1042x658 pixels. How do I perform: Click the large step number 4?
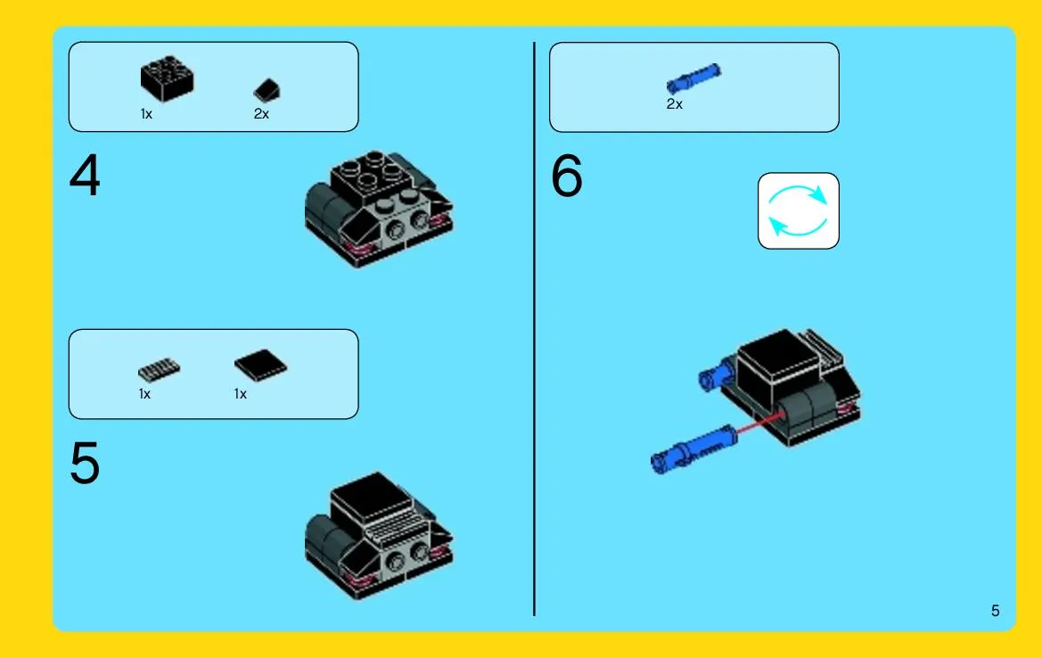(x=85, y=176)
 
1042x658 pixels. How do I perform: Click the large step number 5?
(x=85, y=464)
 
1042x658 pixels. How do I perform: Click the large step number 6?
(x=567, y=176)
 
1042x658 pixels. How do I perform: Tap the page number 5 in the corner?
(x=995, y=611)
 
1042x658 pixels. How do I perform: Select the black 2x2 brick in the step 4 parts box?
(x=167, y=78)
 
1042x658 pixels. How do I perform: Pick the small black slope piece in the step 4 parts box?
(x=267, y=91)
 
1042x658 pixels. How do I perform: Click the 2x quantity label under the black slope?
(x=261, y=114)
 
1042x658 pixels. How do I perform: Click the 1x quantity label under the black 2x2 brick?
(x=146, y=114)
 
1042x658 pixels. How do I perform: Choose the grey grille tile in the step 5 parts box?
(x=159, y=369)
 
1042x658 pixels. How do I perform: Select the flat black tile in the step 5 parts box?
(x=260, y=365)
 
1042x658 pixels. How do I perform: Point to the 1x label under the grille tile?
(x=145, y=394)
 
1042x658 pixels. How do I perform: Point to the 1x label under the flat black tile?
(x=241, y=394)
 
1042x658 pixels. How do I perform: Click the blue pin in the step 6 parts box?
(x=693, y=78)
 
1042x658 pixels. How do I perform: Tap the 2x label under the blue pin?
(x=675, y=104)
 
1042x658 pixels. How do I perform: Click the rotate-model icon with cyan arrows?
(x=798, y=210)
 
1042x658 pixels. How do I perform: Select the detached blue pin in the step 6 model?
(x=693, y=449)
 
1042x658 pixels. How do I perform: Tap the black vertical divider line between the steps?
(x=534, y=329)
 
